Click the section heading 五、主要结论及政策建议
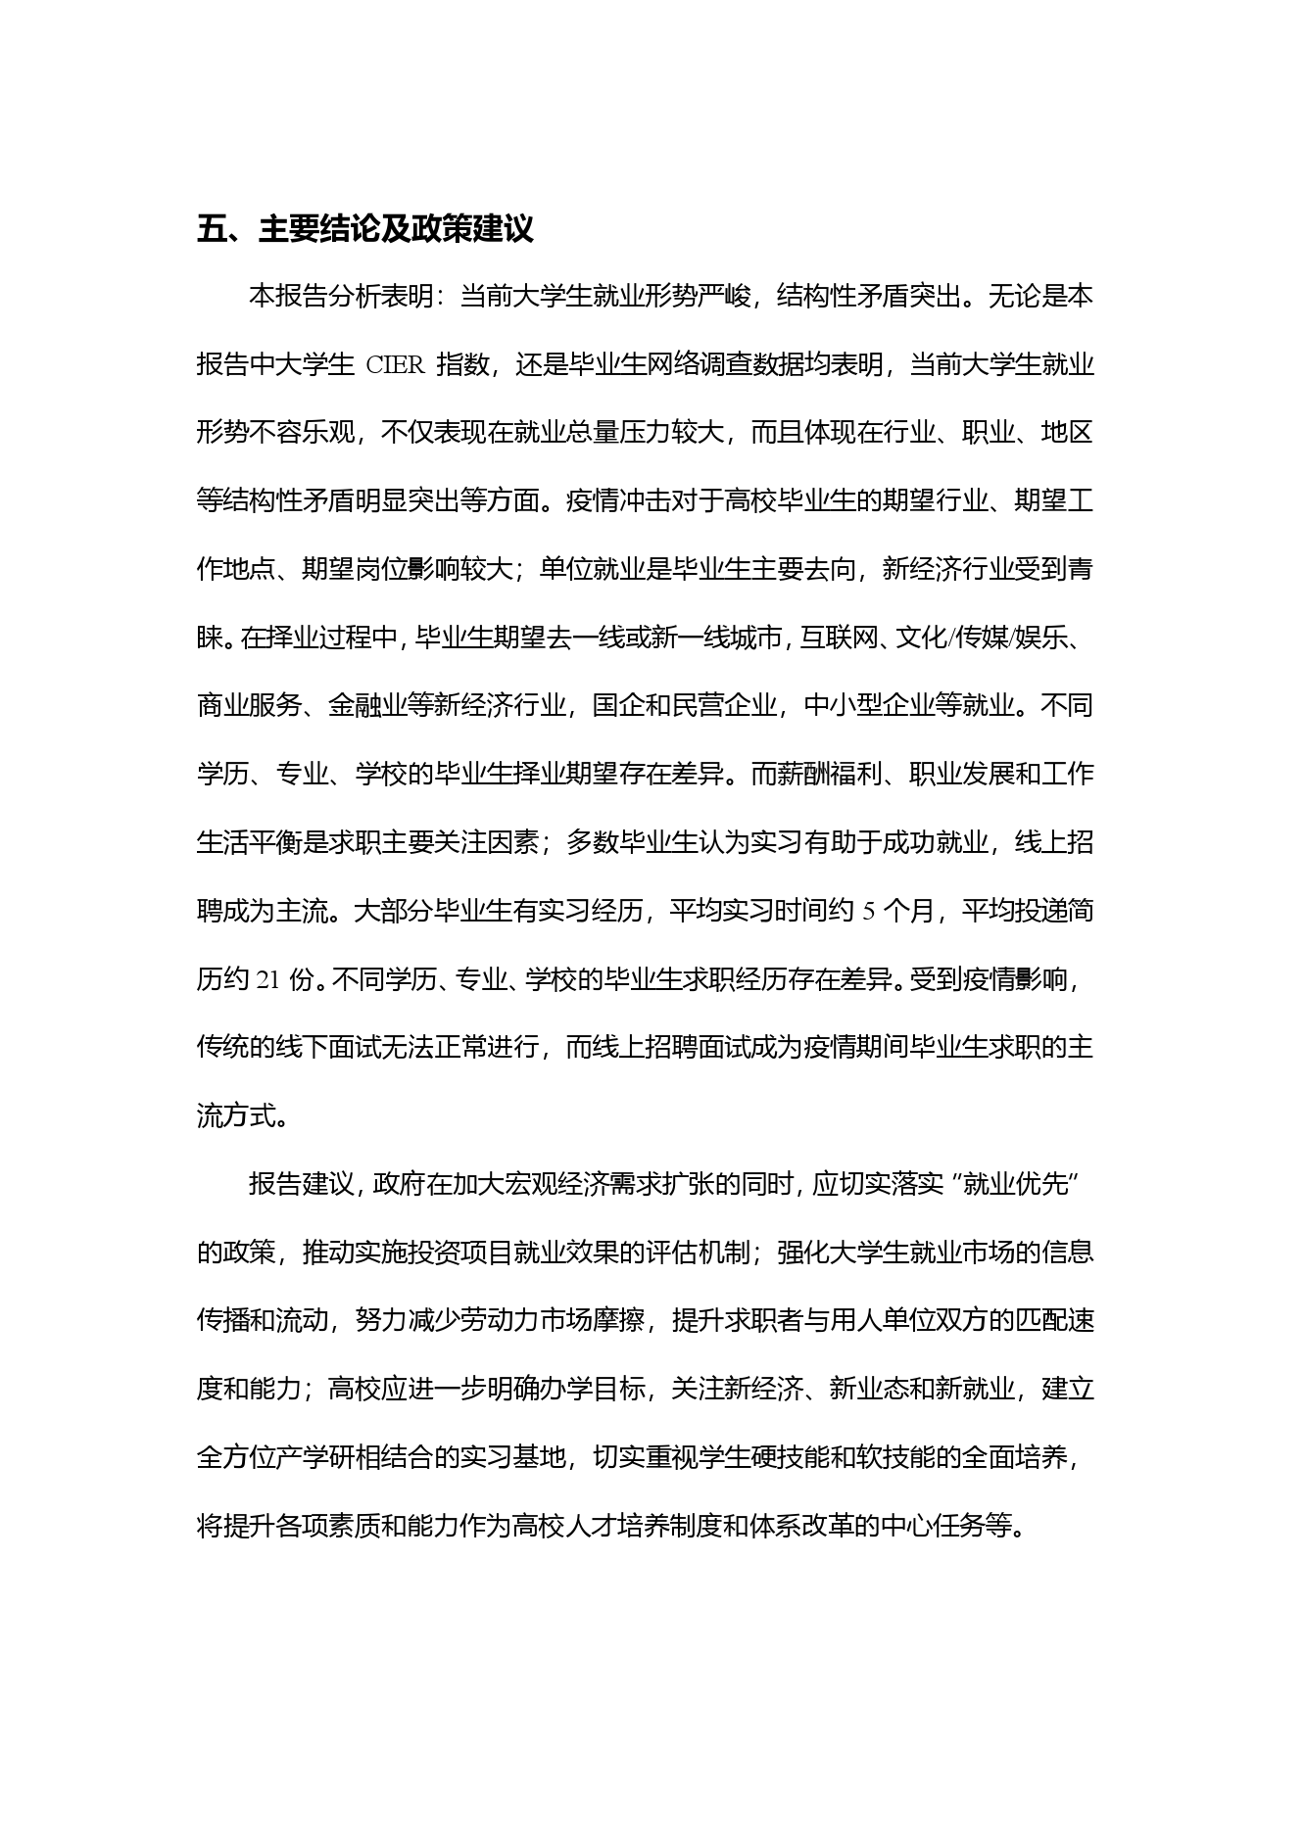(x=365, y=230)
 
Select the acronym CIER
(x=395, y=366)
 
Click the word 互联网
(x=836, y=638)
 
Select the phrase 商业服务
(x=249, y=706)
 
